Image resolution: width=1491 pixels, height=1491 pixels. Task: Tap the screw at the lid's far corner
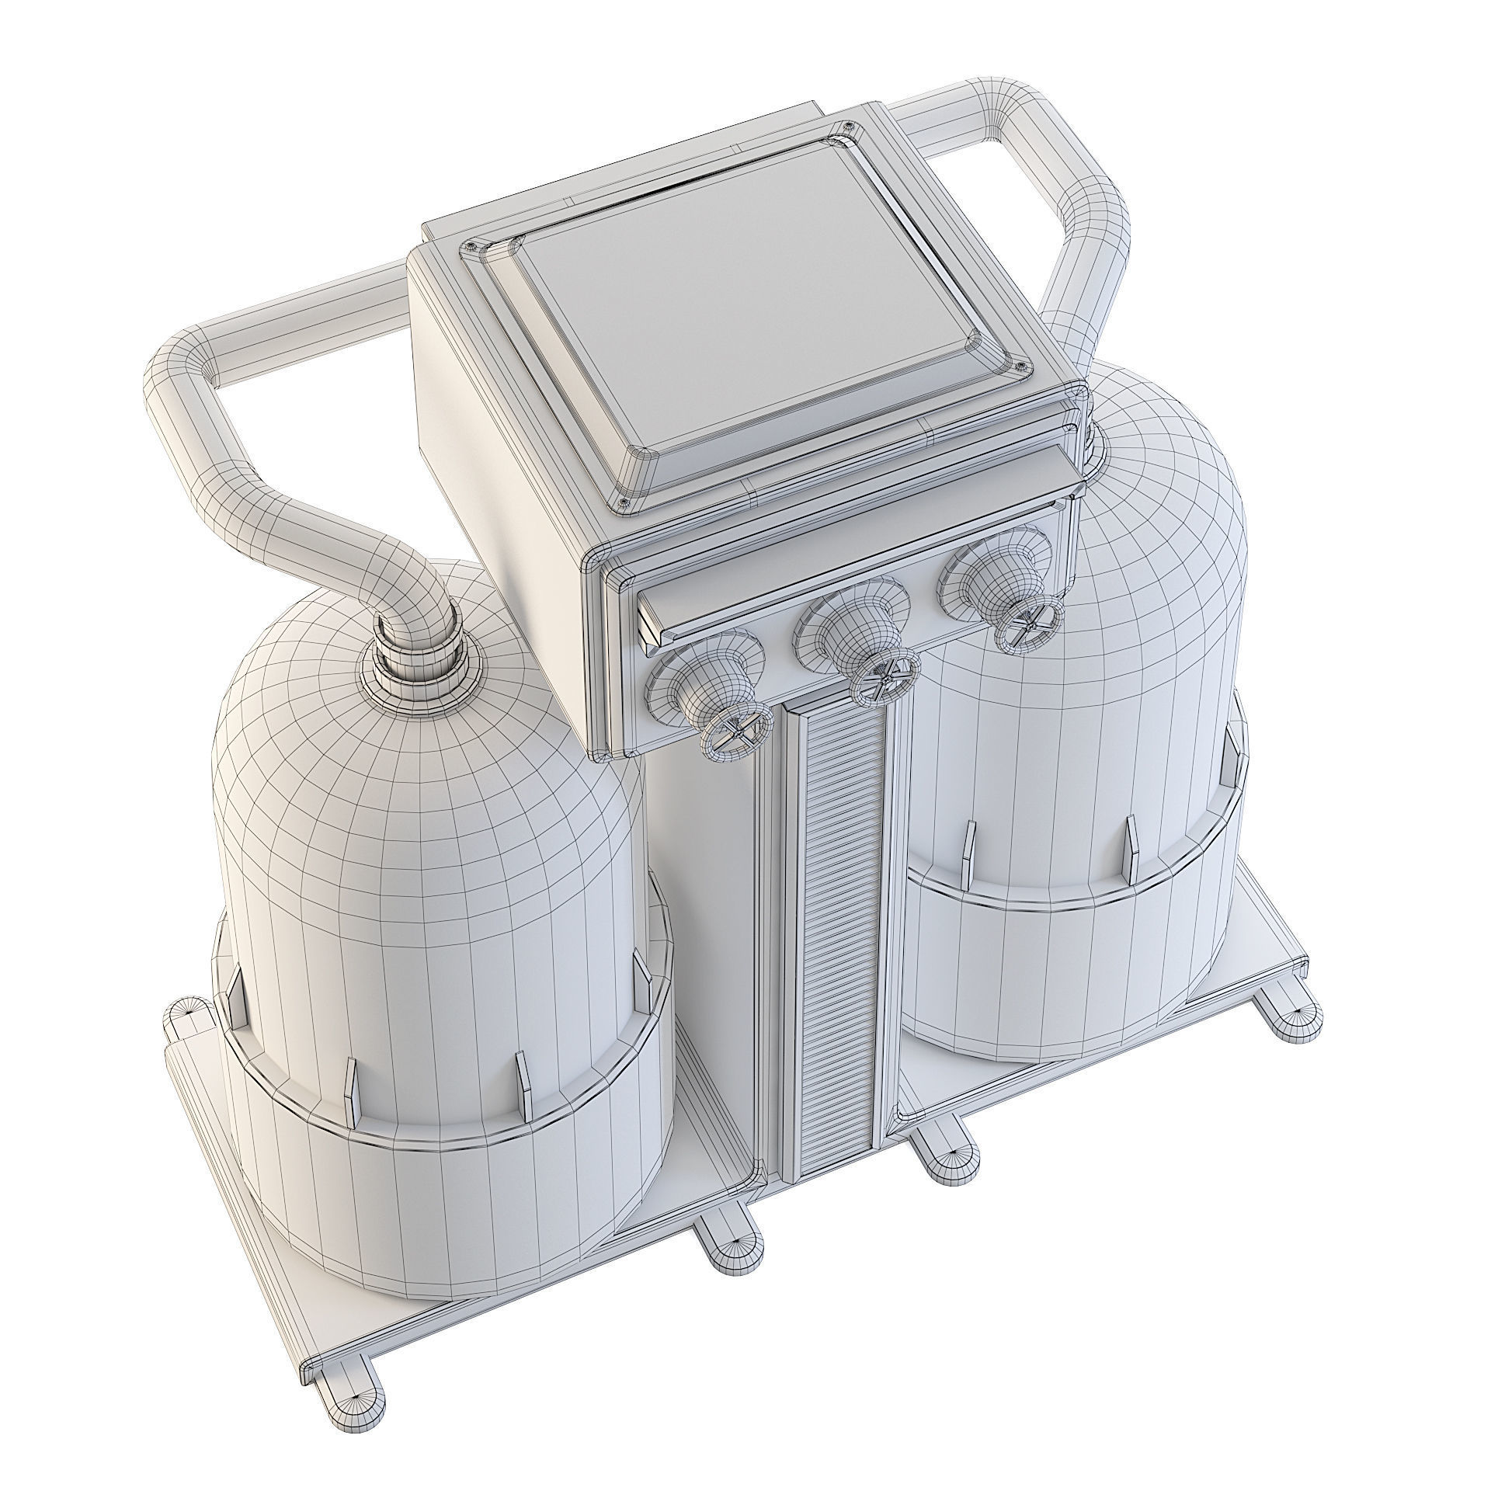point(850,126)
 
